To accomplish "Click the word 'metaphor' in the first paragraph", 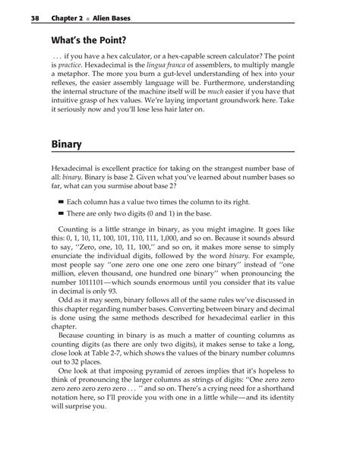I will point(75,89).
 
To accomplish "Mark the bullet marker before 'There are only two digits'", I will point(61,215).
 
